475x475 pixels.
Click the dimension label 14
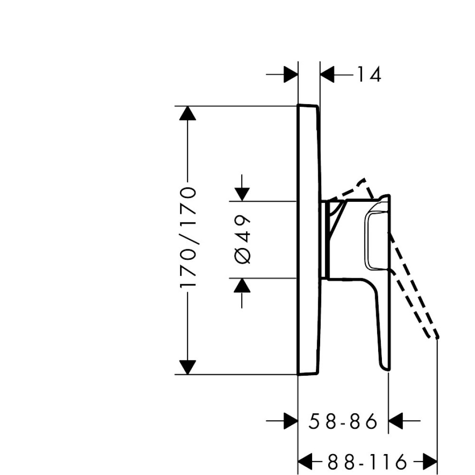[x=368, y=75]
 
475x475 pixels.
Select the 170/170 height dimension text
[x=189, y=237]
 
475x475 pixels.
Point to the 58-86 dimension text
[x=342, y=421]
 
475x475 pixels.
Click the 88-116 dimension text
[x=367, y=460]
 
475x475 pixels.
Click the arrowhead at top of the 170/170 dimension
[x=188, y=114]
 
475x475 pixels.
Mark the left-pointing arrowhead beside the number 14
[x=328, y=75]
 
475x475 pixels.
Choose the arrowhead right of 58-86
[x=396, y=420]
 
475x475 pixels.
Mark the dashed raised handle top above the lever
[x=363, y=183]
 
